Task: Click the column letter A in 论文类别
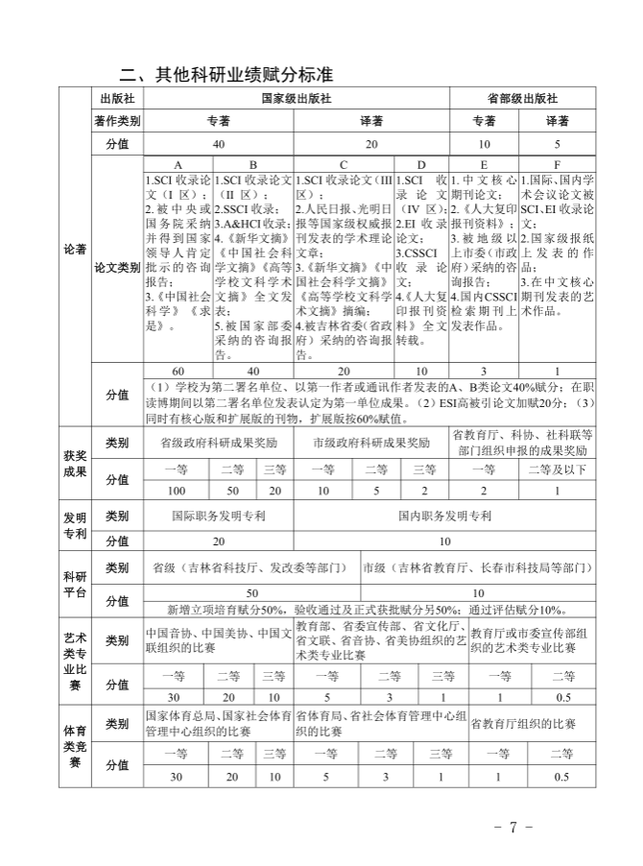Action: coord(178,165)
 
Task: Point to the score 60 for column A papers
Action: coord(178,371)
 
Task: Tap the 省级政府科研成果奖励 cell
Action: coord(218,444)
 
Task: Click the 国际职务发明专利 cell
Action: coord(219,516)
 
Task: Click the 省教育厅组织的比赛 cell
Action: coord(524,725)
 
